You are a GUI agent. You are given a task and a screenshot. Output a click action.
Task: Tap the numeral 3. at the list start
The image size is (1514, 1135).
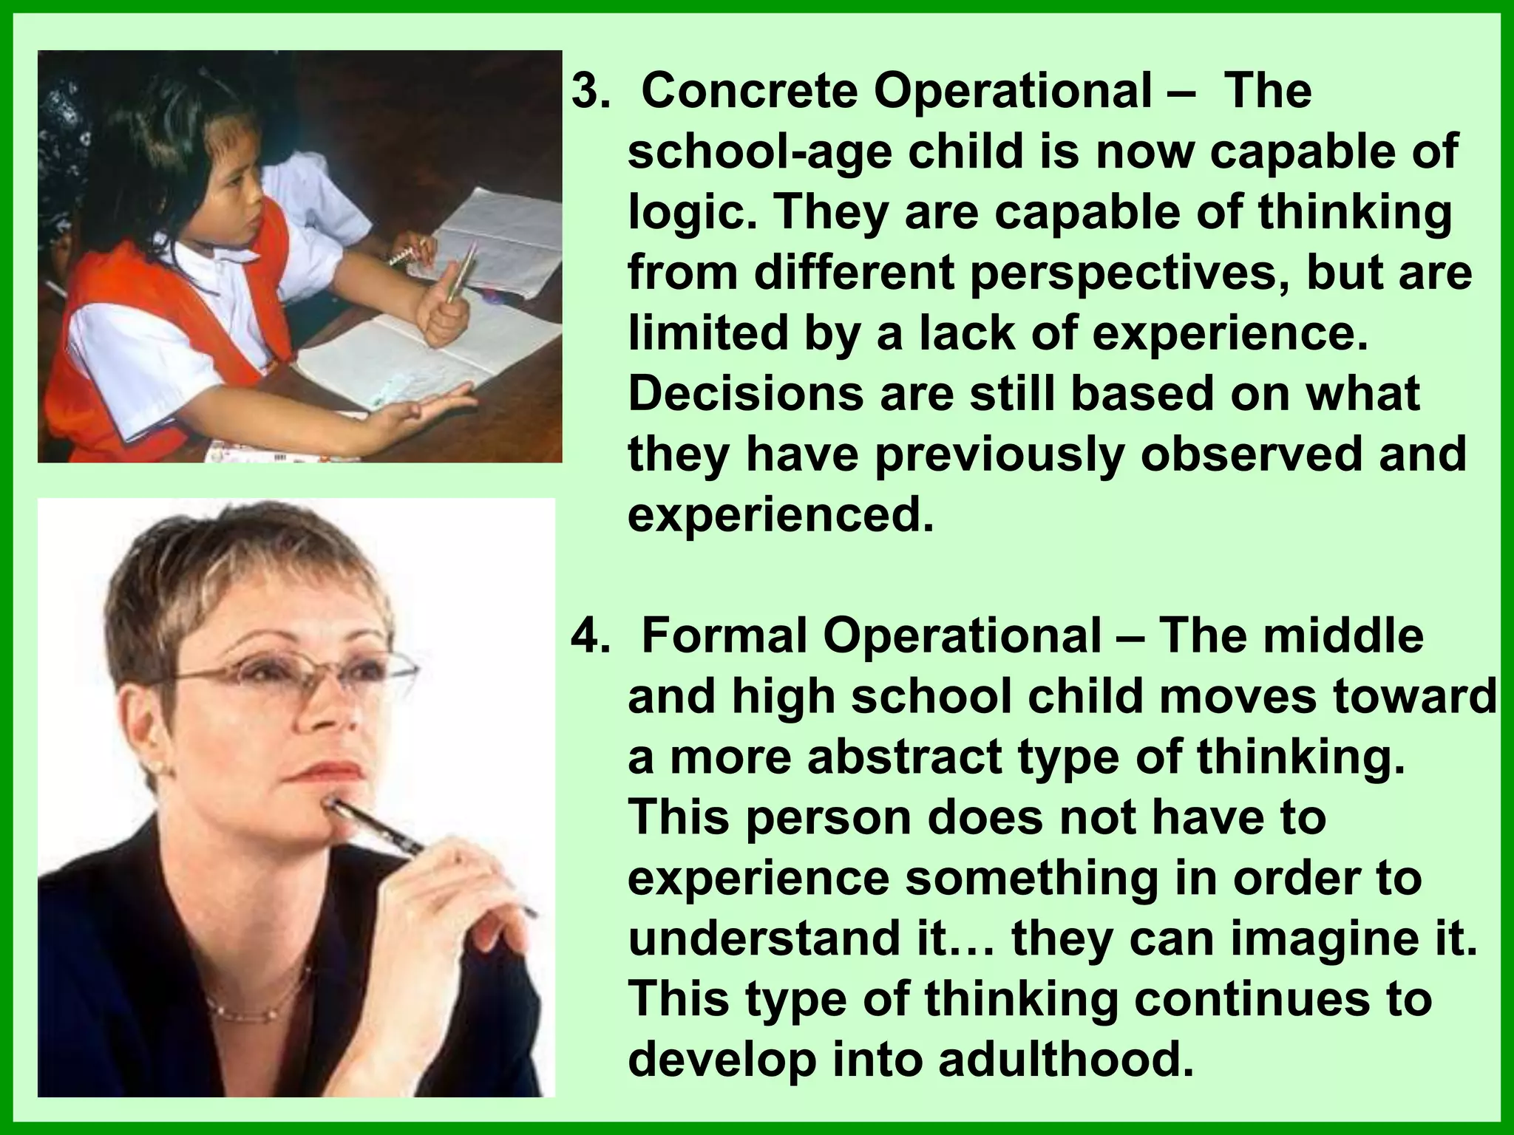point(591,92)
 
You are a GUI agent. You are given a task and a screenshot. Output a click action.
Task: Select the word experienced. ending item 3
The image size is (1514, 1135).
point(781,515)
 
